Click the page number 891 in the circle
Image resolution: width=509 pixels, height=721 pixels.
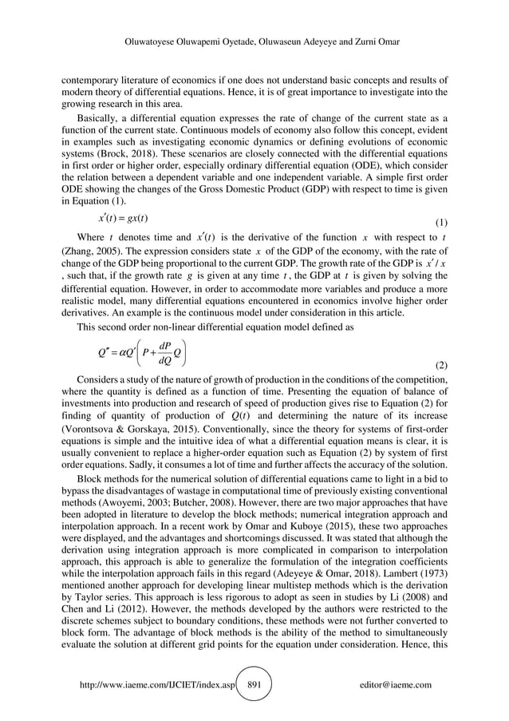[x=254, y=684]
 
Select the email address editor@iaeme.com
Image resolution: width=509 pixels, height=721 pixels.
[x=396, y=684]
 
